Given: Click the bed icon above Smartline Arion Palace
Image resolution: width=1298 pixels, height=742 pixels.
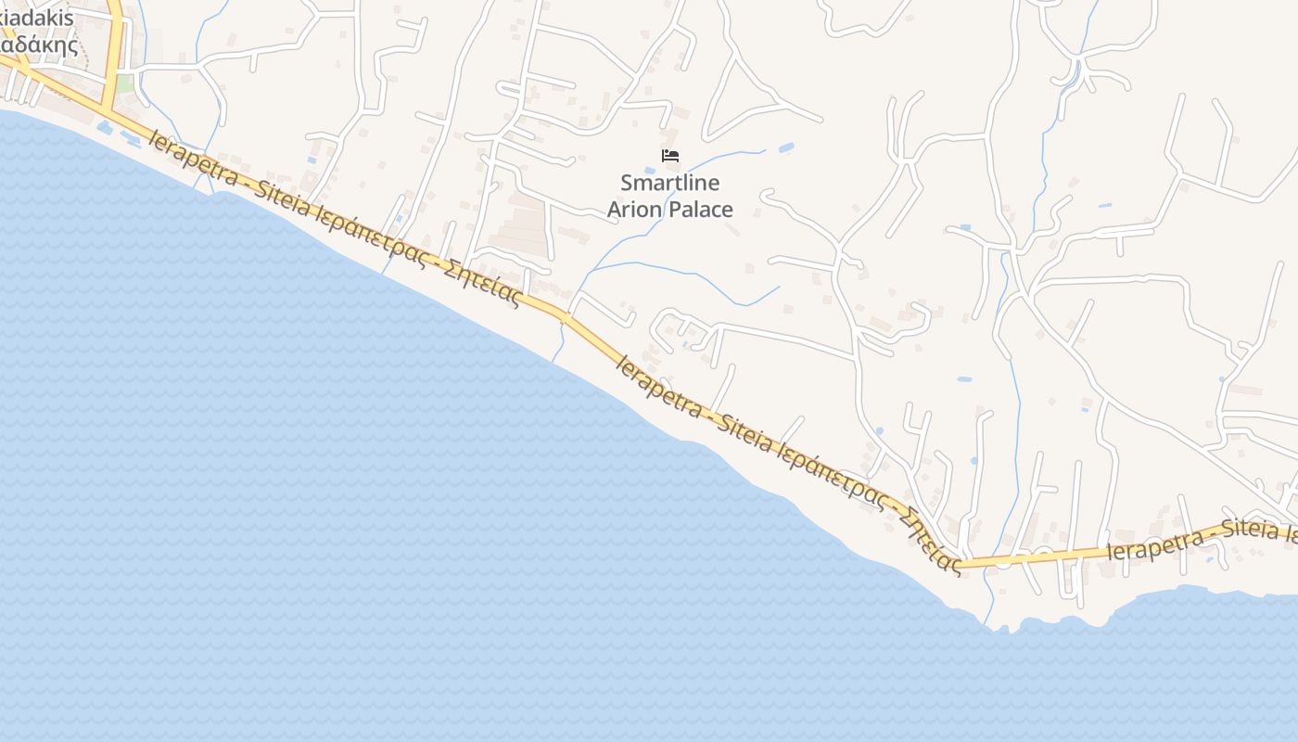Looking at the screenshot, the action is coord(670,155).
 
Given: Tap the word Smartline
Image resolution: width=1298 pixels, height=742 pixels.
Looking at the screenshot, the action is coord(669,183).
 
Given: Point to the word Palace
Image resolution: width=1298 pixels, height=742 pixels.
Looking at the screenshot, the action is coord(702,210).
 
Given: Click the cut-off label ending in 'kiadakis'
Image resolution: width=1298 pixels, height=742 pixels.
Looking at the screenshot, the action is coord(37,19).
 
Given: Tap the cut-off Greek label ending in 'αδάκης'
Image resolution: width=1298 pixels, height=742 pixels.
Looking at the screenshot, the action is coord(39,45).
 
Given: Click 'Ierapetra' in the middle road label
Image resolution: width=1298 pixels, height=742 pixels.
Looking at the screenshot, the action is coord(658,386).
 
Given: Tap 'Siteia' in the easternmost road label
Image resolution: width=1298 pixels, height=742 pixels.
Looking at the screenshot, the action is coord(1252,530).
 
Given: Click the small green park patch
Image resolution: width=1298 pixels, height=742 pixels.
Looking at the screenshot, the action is coord(124,83).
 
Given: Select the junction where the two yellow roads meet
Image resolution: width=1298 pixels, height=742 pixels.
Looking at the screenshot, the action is coord(110,109).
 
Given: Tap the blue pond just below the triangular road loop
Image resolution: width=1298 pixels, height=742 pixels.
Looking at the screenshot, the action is coord(786,147).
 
